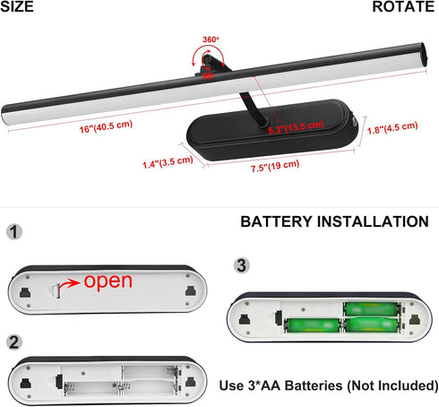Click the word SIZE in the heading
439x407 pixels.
(x=17, y=6)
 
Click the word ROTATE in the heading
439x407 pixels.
(x=403, y=6)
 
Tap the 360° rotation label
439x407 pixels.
(x=211, y=39)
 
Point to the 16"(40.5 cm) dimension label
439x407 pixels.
(x=106, y=126)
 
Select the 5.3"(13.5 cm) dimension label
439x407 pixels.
(x=296, y=127)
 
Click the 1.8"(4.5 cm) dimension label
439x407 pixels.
(x=392, y=128)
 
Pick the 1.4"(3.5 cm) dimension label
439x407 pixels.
(x=168, y=162)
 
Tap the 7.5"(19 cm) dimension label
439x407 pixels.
(x=275, y=166)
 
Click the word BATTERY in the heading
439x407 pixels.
(x=277, y=221)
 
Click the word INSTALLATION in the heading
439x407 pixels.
(x=373, y=221)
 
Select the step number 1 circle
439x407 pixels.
(x=14, y=231)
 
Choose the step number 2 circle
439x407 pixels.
(x=14, y=342)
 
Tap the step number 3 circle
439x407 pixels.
(x=242, y=265)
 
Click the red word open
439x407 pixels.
(x=108, y=281)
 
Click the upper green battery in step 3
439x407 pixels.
(x=372, y=309)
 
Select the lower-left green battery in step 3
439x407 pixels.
(x=313, y=325)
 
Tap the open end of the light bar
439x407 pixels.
(x=423, y=55)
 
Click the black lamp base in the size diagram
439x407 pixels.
(x=271, y=130)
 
